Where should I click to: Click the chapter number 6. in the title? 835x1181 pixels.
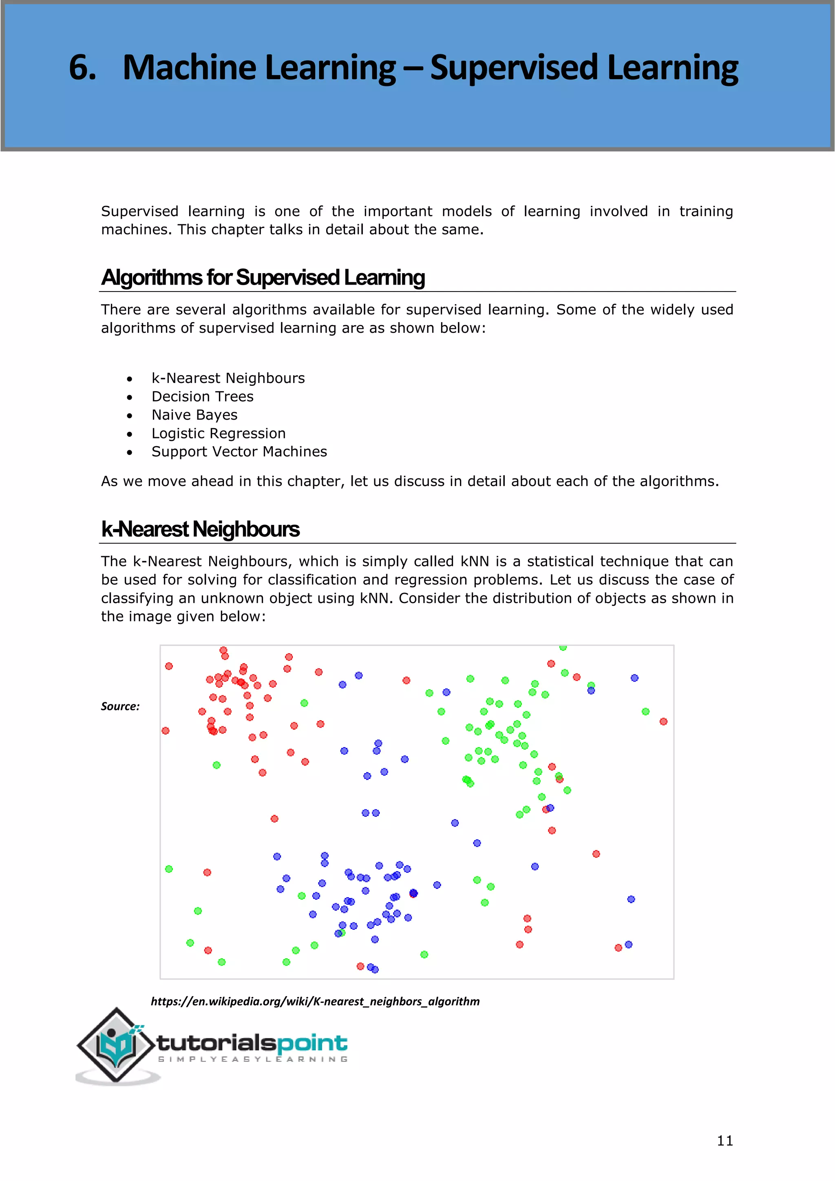pos(83,68)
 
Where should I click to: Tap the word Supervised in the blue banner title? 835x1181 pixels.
pos(514,68)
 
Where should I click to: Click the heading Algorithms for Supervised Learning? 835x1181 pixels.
pos(263,277)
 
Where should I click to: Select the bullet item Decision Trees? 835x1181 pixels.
pos(202,396)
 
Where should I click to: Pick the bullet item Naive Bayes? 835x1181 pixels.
pos(194,415)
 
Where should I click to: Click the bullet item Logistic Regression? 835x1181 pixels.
pos(219,433)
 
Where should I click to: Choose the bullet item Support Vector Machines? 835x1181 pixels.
pos(239,451)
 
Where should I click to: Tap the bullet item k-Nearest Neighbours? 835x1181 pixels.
pos(228,378)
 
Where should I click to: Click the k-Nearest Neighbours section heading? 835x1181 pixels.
pos(200,529)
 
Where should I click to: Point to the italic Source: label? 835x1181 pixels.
pos(120,706)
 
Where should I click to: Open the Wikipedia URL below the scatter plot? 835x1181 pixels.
pos(315,1001)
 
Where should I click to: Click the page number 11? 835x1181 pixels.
pos(725,1140)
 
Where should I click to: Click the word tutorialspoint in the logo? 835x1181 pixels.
pos(252,1043)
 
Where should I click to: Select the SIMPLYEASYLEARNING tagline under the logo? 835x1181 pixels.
pos(252,1059)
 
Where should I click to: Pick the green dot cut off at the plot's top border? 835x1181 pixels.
pos(563,648)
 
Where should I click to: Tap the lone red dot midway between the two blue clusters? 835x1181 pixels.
pos(274,818)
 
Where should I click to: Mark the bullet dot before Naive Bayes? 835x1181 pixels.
pos(130,416)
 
